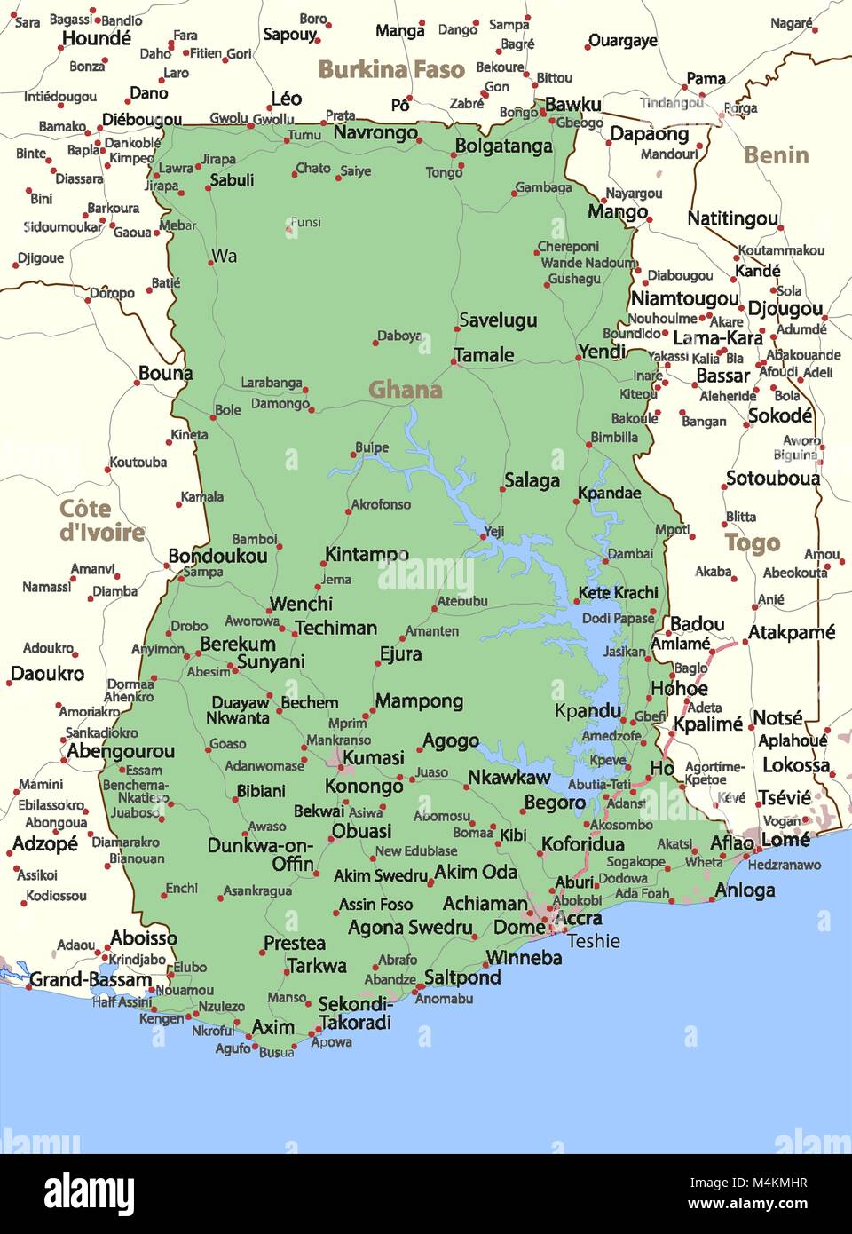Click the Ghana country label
[405, 390]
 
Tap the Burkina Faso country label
[391, 69]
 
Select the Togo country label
[752, 542]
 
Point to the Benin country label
[776, 155]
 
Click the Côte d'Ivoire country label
[101, 520]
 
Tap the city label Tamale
[484, 355]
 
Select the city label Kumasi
[373, 757]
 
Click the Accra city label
[578, 918]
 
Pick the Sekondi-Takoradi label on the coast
[355, 1013]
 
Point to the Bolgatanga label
[503, 146]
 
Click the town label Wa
[224, 257]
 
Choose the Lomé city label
[785, 839]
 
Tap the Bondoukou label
[217, 557]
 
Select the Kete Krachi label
[618, 592]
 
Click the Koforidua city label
[582, 843]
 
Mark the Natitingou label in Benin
[732, 218]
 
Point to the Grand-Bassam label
[91, 979]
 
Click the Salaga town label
[532, 480]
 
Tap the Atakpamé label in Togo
[792, 632]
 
